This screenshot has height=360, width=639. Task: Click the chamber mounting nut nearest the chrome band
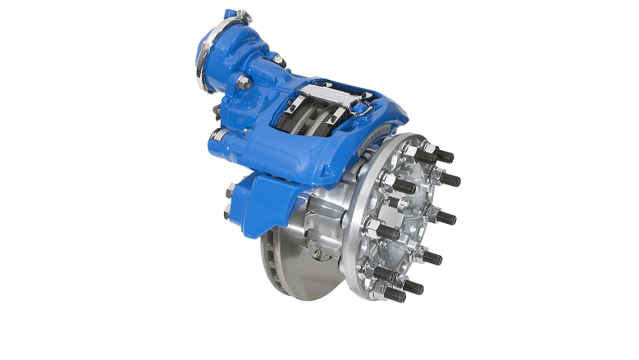(x=243, y=82)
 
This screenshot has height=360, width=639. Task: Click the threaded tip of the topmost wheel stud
(x=448, y=155)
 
